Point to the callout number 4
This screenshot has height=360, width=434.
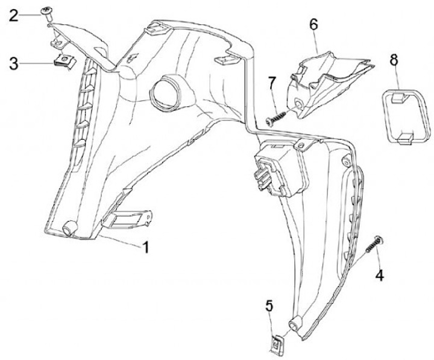379,276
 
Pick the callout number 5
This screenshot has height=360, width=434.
269,306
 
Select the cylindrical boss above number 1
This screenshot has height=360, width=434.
69,229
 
